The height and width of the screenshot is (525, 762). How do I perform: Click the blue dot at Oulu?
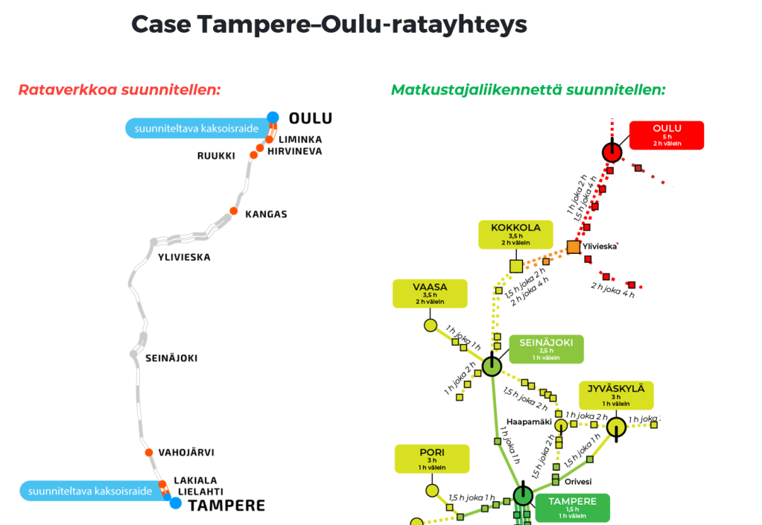point(273,117)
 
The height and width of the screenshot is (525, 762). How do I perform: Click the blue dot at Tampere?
point(175,503)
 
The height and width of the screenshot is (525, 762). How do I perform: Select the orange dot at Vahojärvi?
point(148,453)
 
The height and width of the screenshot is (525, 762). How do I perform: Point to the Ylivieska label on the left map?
point(184,257)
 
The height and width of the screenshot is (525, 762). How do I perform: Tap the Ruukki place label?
point(216,156)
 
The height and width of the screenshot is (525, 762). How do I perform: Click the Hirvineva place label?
point(295,151)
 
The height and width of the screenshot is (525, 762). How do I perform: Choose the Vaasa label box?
point(430,293)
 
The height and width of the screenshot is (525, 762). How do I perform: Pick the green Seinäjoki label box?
point(546,349)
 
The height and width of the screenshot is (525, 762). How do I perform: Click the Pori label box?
point(432,458)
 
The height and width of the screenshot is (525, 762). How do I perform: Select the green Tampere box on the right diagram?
point(572,507)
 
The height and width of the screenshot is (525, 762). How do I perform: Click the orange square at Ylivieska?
point(574,246)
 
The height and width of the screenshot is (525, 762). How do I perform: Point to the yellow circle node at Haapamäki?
point(561,425)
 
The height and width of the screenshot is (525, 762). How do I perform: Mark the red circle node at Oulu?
point(612,152)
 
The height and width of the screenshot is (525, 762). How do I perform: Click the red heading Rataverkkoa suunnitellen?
point(120,90)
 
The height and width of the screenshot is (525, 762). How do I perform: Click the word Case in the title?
point(161,25)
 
